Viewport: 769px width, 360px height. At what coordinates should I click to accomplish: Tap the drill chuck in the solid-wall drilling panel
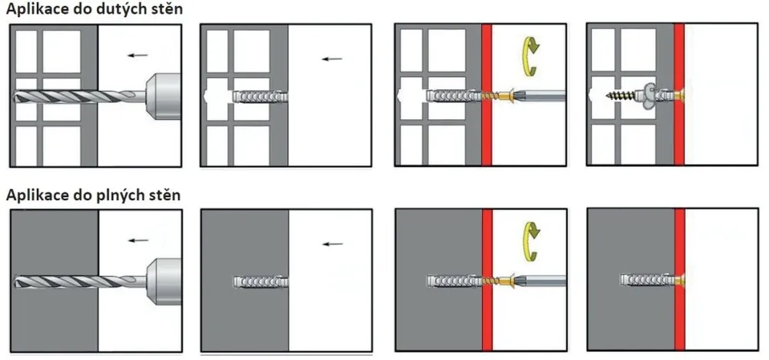click(164, 281)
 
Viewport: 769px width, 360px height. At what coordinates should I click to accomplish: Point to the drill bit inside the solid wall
click(56, 281)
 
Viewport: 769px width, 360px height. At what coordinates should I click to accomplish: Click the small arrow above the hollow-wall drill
click(138, 55)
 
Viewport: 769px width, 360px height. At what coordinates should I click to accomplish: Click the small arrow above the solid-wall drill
click(138, 240)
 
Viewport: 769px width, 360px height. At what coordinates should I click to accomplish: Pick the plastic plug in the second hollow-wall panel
click(260, 96)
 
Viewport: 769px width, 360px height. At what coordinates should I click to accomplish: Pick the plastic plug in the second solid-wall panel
click(261, 282)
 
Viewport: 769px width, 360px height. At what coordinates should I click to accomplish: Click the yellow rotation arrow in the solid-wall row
click(530, 241)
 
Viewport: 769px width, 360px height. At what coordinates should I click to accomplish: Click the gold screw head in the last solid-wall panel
click(681, 281)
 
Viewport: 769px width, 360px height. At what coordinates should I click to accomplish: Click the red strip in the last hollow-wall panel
click(679, 94)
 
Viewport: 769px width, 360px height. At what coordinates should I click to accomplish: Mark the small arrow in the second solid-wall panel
click(332, 244)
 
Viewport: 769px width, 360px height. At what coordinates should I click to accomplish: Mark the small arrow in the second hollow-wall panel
click(332, 59)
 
